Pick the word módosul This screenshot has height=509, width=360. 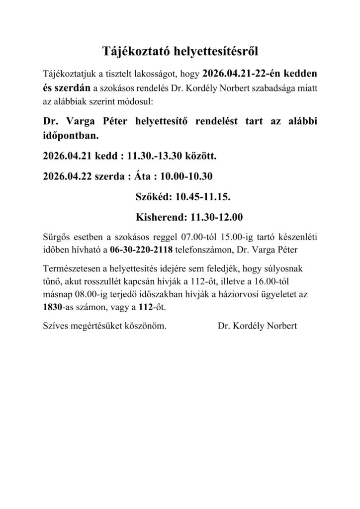coord(140,101)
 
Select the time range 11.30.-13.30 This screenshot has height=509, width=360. coord(156,157)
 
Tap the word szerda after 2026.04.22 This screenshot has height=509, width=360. coord(110,176)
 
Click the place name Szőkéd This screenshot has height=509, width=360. coord(152,197)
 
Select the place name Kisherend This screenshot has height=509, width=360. coord(159,217)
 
